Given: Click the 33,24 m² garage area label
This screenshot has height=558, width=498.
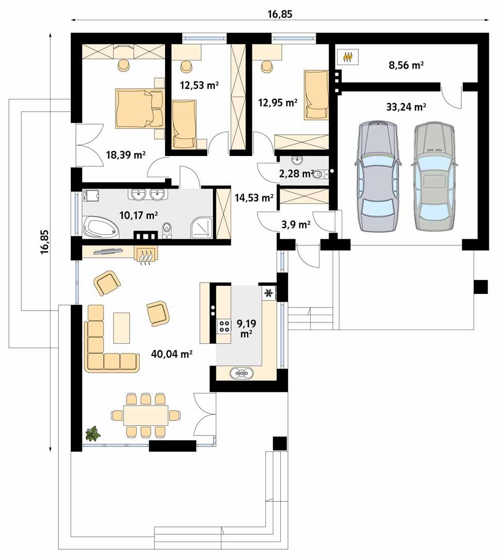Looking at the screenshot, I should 406,107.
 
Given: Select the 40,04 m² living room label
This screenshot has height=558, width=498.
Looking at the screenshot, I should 172,354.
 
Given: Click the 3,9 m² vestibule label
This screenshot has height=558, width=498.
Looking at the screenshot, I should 295,224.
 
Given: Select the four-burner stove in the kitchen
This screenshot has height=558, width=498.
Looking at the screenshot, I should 225,326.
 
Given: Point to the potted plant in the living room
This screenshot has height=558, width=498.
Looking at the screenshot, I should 92,433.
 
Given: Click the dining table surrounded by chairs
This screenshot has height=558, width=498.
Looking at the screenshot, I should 146,415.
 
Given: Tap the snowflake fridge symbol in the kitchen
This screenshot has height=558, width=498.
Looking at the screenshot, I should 268,293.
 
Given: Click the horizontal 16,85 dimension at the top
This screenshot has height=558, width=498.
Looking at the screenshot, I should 280,14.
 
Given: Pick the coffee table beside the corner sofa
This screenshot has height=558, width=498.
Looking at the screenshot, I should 122,328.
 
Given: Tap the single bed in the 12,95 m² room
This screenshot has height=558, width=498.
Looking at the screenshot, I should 315,95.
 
